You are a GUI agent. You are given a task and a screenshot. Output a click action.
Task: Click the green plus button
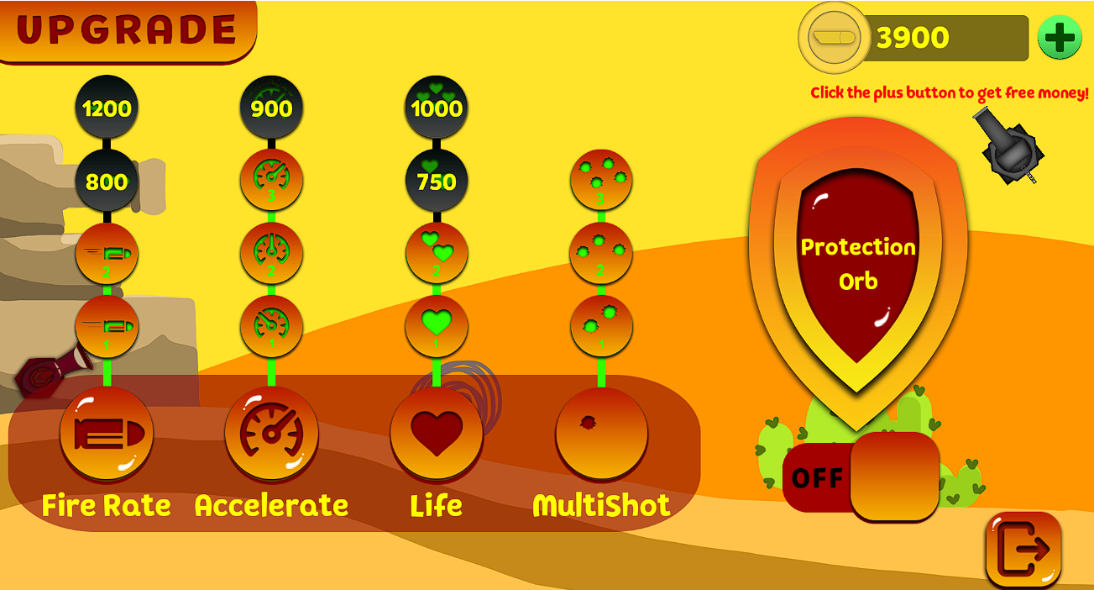click(1059, 38)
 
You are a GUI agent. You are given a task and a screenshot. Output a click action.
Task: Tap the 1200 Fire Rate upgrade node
click(107, 108)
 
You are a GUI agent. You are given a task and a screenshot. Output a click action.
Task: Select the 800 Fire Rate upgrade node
click(107, 181)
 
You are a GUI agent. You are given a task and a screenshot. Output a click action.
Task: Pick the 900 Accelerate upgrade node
click(271, 108)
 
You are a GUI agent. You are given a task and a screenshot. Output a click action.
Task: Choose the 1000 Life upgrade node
click(437, 108)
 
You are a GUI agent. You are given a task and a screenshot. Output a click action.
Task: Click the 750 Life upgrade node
click(437, 181)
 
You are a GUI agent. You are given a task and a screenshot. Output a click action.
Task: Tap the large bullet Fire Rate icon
click(107, 433)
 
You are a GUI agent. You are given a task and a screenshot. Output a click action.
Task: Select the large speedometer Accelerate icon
click(271, 433)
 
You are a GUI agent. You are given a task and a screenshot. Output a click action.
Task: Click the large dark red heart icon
click(437, 433)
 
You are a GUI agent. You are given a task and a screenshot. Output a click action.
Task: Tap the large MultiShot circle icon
click(601, 433)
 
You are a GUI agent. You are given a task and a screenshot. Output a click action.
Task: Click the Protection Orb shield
click(857, 265)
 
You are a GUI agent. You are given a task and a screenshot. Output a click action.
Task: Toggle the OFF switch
click(861, 477)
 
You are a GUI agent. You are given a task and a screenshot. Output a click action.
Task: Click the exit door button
click(1023, 550)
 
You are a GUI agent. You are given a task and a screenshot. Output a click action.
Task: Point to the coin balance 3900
click(913, 38)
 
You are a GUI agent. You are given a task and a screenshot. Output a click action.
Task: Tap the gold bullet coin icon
click(833, 38)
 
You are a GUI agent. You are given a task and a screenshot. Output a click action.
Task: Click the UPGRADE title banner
click(126, 30)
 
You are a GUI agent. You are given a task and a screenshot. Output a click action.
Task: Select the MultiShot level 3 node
click(601, 180)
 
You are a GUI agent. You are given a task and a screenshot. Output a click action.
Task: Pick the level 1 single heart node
click(437, 326)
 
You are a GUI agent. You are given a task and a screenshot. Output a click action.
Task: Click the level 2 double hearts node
click(437, 253)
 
